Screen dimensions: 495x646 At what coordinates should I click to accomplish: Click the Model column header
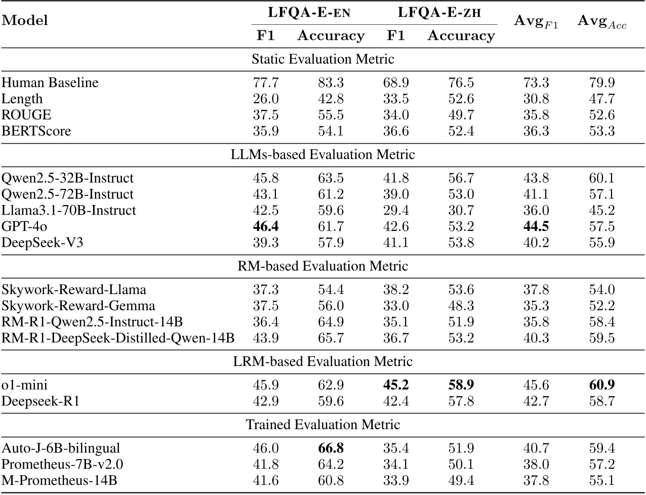[x=25, y=20]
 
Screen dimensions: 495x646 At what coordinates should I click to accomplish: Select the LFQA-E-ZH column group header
[x=439, y=13]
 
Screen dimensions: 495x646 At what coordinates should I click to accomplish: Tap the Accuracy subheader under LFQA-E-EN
[x=331, y=36]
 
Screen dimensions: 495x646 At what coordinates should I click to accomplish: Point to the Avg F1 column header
[x=536, y=21]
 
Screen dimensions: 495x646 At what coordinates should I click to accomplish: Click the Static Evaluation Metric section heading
[x=322, y=59]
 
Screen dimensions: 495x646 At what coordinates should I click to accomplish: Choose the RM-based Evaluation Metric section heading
[x=322, y=266]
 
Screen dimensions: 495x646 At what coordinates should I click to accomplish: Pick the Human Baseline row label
[x=50, y=82]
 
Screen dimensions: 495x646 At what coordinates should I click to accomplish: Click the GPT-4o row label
[x=25, y=226]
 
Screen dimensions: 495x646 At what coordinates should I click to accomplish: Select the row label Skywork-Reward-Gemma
[x=78, y=306]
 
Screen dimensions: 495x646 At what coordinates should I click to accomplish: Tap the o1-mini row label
[x=25, y=385]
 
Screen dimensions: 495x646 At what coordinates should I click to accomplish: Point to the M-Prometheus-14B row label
[x=60, y=480]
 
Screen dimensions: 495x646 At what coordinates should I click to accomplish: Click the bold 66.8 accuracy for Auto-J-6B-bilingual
[x=331, y=448]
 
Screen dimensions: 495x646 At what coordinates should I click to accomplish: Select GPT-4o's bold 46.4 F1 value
[x=266, y=226]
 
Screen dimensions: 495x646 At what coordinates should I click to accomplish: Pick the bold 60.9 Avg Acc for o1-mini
[x=602, y=385]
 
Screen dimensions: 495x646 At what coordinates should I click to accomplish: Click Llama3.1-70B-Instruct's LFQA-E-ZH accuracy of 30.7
[x=461, y=210]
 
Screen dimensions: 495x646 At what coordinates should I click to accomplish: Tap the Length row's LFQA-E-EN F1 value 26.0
[x=266, y=99]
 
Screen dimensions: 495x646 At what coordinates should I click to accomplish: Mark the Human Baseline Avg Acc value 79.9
[x=602, y=82]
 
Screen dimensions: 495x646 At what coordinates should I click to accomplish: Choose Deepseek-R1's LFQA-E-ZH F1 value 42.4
[x=396, y=401]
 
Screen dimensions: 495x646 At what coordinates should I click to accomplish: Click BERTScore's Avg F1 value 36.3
[x=536, y=131]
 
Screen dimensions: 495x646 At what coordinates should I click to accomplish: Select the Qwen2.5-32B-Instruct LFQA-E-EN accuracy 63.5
[x=331, y=178]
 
